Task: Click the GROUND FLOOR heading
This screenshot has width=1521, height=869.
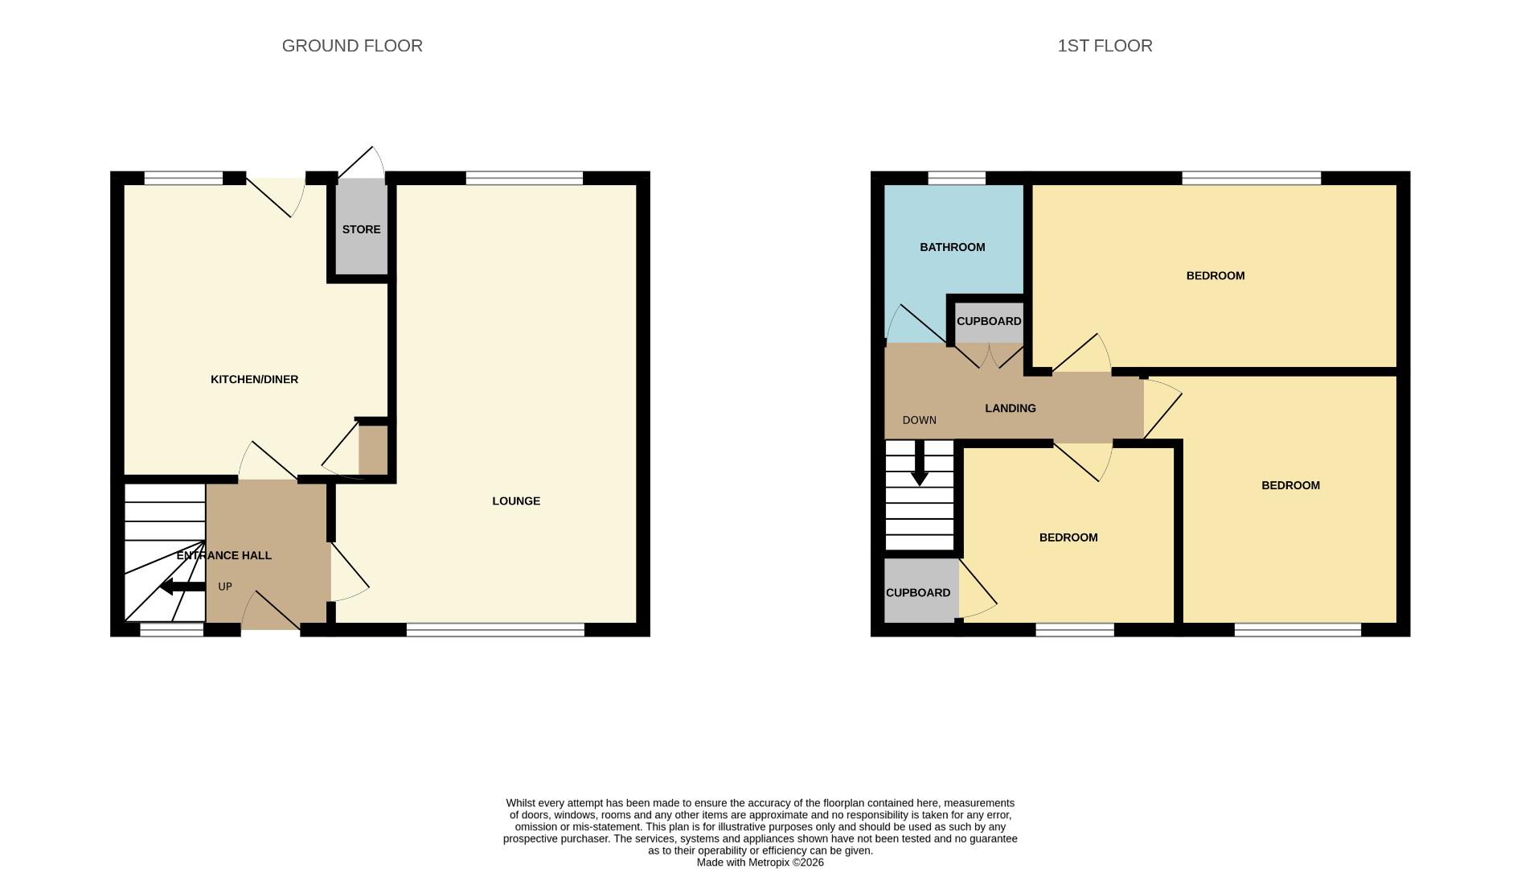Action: pos(352,46)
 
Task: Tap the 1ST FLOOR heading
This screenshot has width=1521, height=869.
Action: pos(1105,46)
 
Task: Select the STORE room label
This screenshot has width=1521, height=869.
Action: pos(361,229)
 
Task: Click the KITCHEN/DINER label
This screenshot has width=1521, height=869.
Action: pos(254,379)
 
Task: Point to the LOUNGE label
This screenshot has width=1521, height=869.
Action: pos(516,500)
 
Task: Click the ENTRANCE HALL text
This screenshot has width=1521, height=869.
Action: pos(223,555)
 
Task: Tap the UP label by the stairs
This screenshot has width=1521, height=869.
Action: pos(225,587)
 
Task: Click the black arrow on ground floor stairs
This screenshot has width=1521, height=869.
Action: pos(182,587)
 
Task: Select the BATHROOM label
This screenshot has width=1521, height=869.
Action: pos(952,247)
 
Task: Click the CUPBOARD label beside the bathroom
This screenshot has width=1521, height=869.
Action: pos(989,321)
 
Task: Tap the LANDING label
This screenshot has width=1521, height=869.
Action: pos(1010,408)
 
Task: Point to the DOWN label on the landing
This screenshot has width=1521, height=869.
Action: pos(919,420)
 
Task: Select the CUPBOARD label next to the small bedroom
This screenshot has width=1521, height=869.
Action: pos(917,592)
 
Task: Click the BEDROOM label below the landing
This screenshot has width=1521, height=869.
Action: pos(1068,537)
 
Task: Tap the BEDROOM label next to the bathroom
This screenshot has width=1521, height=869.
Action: pos(1215,275)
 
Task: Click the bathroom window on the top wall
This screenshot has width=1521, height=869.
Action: pos(957,178)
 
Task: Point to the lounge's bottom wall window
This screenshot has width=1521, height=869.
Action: pos(495,629)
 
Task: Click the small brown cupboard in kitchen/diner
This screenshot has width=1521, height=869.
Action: pos(373,450)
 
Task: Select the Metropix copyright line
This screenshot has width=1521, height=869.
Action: pos(760,862)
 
